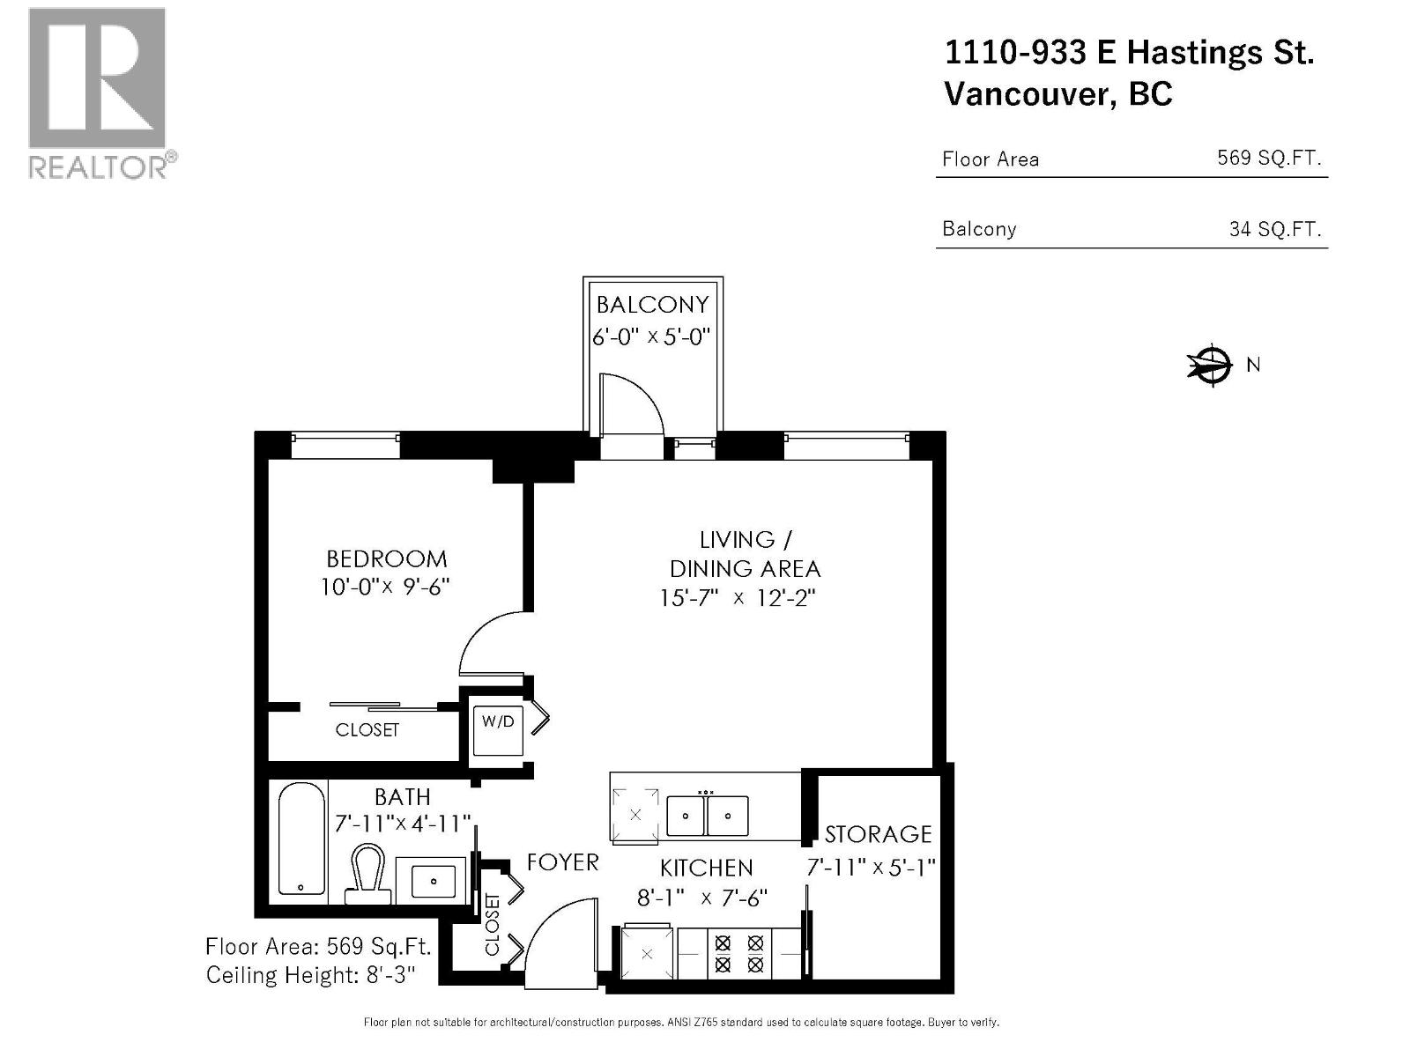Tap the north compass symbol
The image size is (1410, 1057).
coord(1210,366)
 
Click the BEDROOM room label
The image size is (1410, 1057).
coord(387,559)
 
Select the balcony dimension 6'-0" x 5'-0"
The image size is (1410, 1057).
coord(651,336)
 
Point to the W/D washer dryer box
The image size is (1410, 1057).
coord(498,730)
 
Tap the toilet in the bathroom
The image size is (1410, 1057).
coord(368,874)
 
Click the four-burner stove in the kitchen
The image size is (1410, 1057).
coord(738,953)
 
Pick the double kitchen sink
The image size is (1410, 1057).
coord(707,816)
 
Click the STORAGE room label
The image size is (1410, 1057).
coord(878,834)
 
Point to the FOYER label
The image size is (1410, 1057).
coord(563,862)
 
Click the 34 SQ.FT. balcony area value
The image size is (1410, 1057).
coord(1275,229)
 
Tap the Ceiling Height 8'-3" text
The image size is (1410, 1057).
coord(310,975)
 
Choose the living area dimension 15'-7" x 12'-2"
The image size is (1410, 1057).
coord(738,598)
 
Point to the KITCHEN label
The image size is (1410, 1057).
coord(707,869)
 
